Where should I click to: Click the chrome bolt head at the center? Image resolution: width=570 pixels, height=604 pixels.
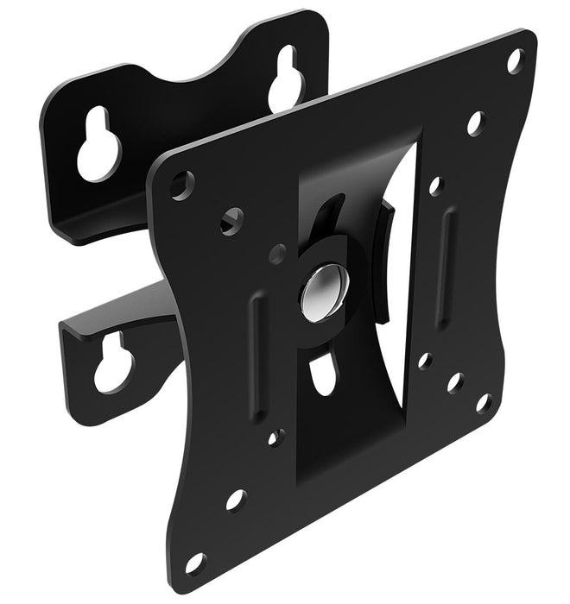(324, 287)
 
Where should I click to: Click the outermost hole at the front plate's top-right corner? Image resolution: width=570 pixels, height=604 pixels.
(515, 60)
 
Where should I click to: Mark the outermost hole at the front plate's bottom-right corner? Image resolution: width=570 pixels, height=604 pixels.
(484, 402)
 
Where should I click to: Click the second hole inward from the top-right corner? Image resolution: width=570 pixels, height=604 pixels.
(475, 123)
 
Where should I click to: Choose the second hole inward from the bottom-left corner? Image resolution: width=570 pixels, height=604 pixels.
(235, 500)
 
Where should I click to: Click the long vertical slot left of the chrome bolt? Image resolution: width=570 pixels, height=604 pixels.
(255, 336)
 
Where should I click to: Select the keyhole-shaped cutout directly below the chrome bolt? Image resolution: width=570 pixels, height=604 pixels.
(324, 374)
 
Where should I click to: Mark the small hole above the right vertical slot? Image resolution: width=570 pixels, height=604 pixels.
(436, 186)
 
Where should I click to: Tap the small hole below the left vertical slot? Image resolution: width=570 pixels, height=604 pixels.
(275, 437)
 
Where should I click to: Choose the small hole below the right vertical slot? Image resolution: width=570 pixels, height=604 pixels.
(424, 360)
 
